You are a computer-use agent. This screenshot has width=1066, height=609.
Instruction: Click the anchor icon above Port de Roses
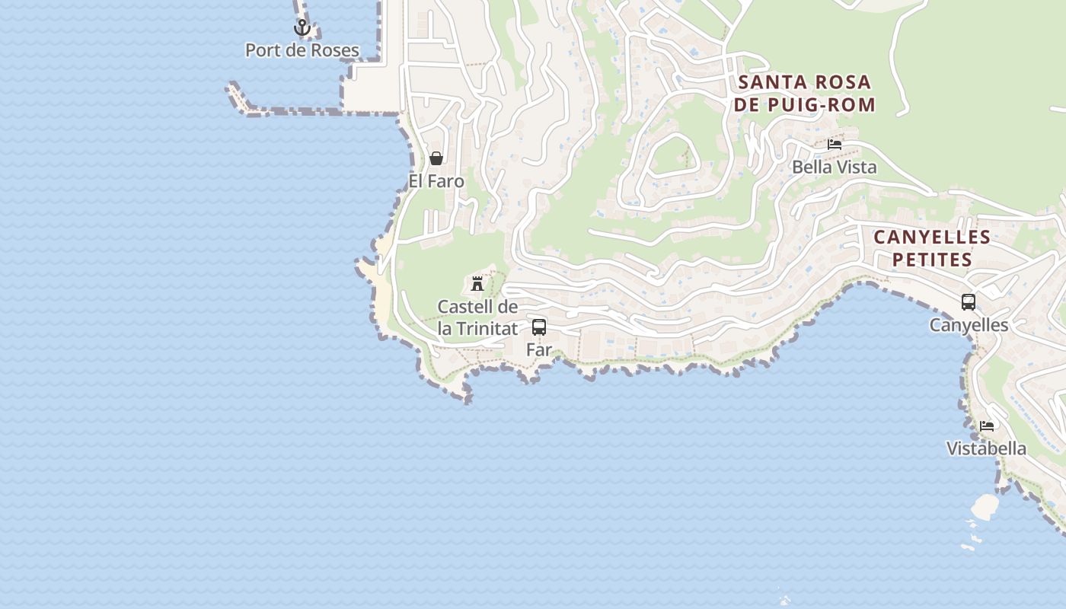point(302,28)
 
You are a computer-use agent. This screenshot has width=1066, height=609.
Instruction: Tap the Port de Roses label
point(302,51)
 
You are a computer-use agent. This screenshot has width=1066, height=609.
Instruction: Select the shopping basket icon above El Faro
point(436,158)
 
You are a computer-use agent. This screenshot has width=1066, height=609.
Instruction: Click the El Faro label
point(436,182)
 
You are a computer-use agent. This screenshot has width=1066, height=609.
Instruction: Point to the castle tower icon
point(477,284)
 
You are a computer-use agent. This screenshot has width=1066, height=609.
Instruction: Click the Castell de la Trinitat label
point(477,318)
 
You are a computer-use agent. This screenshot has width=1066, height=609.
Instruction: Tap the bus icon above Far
point(539,327)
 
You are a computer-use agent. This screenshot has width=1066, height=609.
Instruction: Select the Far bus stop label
point(539,350)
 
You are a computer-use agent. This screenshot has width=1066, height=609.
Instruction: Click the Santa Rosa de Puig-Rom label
point(805,93)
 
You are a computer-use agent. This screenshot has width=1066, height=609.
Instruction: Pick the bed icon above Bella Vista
point(835,144)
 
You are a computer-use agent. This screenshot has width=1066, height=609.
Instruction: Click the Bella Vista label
point(835,167)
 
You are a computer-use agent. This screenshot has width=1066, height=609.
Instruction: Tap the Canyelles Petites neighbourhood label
point(932,248)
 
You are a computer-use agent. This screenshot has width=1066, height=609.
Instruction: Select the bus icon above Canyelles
point(969,302)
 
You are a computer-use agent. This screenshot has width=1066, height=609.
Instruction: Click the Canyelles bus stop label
point(969,325)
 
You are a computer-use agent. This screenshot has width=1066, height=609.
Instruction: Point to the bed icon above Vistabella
point(987,426)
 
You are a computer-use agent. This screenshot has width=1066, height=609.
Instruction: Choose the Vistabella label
point(986,448)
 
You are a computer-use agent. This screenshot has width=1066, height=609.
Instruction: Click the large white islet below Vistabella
point(985,507)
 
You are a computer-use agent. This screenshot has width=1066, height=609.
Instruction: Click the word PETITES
point(932,260)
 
